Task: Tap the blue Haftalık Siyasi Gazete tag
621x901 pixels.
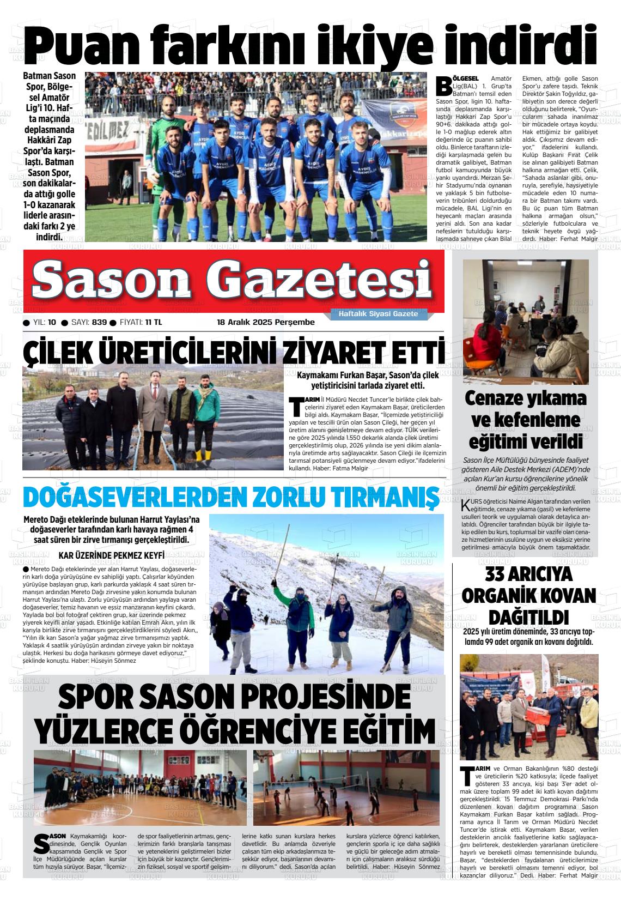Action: (378, 314)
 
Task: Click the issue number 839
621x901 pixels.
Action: (99, 322)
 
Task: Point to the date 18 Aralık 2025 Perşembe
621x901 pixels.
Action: (266, 322)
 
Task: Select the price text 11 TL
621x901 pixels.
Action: (154, 322)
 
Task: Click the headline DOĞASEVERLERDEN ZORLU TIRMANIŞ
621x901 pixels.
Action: (231, 497)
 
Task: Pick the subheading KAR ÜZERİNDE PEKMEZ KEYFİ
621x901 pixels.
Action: (111, 555)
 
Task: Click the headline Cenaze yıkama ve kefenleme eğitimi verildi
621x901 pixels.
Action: (525, 420)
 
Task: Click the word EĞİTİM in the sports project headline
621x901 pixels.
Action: (376, 728)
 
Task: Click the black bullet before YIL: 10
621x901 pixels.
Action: (26, 323)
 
